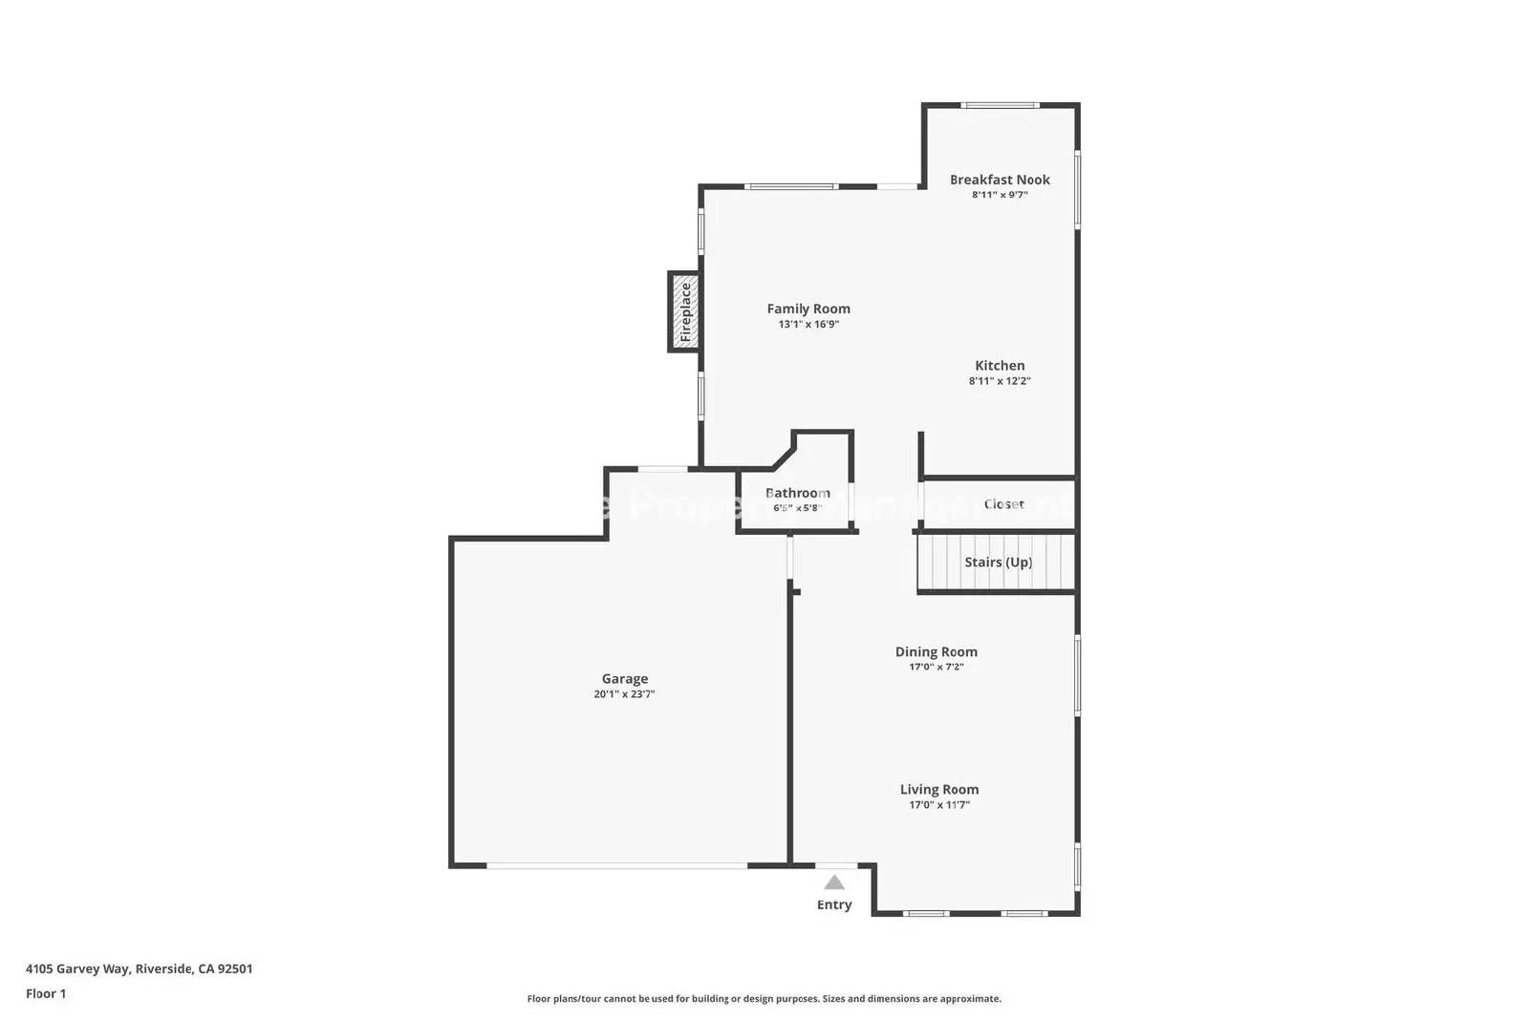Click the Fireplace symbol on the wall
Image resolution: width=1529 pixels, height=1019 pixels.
click(684, 312)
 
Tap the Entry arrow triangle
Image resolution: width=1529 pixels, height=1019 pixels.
click(834, 882)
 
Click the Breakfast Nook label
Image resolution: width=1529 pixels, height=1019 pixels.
click(1000, 180)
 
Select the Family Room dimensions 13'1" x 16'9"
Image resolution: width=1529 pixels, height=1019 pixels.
click(808, 325)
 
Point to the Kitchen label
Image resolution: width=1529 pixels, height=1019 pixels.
click(1000, 366)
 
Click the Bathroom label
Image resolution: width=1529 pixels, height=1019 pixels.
click(797, 493)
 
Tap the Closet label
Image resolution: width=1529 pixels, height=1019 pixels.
click(1003, 504)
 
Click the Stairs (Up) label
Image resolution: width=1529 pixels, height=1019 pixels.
click(998, 563)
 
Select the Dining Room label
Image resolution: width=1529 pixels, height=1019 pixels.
click(936, 652)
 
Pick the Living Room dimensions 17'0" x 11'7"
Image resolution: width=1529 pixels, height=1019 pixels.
click(938, 805)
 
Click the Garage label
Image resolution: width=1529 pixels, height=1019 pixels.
click(624, 679)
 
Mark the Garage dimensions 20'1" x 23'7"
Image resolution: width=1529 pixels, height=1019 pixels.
click(624, 694)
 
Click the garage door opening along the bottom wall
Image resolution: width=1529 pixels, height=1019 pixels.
click(616, 866)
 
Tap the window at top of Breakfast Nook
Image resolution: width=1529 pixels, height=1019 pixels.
click(1000, 105)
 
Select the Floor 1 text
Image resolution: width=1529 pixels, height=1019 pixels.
click(46, 993)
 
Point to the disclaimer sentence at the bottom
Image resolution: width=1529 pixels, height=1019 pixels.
click(764, 999)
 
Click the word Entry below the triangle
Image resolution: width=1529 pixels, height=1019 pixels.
click(834, 904)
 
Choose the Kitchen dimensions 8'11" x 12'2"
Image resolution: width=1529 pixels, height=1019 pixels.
click(1000, 381)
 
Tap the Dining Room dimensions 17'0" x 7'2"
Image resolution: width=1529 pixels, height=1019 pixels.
click(936, 668)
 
